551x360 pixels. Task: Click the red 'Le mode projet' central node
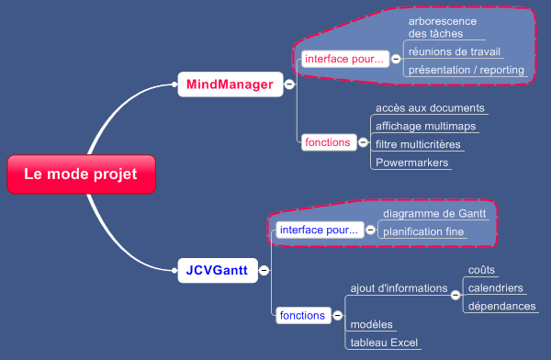tap(80, 174)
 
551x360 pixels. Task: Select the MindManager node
tap(230, 85)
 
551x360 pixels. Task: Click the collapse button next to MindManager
tap(289, 85)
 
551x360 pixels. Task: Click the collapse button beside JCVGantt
tap(264, 271)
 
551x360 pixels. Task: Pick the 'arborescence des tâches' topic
tap(443, 27)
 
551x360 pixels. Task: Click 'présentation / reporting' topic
tap(466, 70)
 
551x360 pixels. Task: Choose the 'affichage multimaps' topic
tap(424, 126)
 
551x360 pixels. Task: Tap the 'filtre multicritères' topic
tap(419, 144)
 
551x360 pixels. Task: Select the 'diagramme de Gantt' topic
tap(435, 213)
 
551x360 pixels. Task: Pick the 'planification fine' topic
tap(423, 231)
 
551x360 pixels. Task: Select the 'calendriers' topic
tap(496, 288)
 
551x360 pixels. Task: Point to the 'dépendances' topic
tap(501, 306)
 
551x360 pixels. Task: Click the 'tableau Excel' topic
tap(384, 343)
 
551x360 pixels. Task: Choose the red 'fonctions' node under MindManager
tap(328, 142)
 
